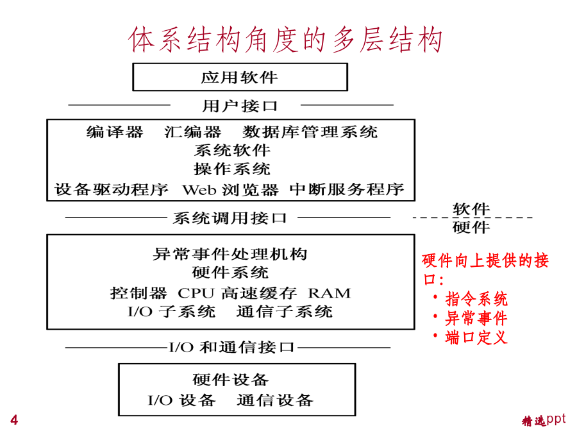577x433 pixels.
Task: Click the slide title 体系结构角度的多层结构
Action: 285,39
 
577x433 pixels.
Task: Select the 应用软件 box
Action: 240,77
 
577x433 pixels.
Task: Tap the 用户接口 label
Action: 240,106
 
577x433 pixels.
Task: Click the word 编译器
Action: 115,132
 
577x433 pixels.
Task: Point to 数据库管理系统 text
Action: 310,132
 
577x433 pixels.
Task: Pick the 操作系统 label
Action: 232,169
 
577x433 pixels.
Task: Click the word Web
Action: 199,190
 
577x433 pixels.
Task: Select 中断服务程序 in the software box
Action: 347,189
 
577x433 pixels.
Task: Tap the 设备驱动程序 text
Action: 112,189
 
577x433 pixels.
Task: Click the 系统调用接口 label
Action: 230,218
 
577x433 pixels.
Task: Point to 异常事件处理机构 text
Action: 230,254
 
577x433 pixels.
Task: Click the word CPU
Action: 196,293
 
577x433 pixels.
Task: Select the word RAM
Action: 330,293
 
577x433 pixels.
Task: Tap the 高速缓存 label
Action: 259,293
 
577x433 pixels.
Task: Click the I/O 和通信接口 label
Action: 231,347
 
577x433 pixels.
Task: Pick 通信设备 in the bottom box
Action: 275,400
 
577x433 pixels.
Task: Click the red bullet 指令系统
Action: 476,298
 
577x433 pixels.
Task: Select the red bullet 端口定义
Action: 476,337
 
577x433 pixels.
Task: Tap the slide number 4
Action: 14,420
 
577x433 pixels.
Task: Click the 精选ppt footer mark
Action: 544,420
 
